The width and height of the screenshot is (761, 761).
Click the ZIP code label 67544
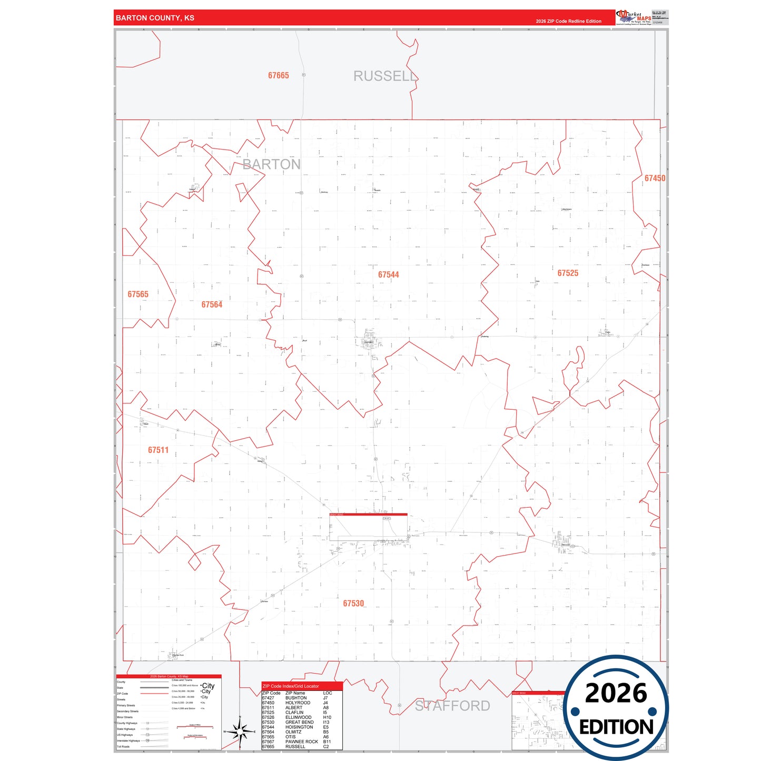[x=388, y=275]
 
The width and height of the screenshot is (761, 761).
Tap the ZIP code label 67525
[x=568, y=273]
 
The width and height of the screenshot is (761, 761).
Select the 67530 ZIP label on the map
[x=353, y=604]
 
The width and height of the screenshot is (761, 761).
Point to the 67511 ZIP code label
[x=158, y=450]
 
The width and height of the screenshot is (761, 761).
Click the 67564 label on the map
[x=212, y=305]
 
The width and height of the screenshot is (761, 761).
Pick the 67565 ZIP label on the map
[x=138, y=294]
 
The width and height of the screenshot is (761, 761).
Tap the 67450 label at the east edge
[x=655, y=179]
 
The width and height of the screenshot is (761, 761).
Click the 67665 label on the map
[x=278, y=76]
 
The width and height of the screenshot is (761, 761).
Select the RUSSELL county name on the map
[x=384, y=76]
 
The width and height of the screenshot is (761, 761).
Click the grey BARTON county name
[x=272, y=164]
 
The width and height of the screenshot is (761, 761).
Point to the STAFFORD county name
[x=452, y=706]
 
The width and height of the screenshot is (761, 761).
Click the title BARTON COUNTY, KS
[x=155, y=18]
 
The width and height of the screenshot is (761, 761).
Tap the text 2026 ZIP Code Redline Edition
[x=568, y=21]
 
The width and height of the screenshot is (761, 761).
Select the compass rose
[x=240, y=732]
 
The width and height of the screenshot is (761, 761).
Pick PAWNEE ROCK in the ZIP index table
[x=301, y=742]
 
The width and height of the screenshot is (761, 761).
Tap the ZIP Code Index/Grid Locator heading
[x=291, y=686]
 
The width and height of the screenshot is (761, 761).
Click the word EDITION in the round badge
[x=616, y=727]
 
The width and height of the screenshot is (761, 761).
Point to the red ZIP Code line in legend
[x=154, y=694]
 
